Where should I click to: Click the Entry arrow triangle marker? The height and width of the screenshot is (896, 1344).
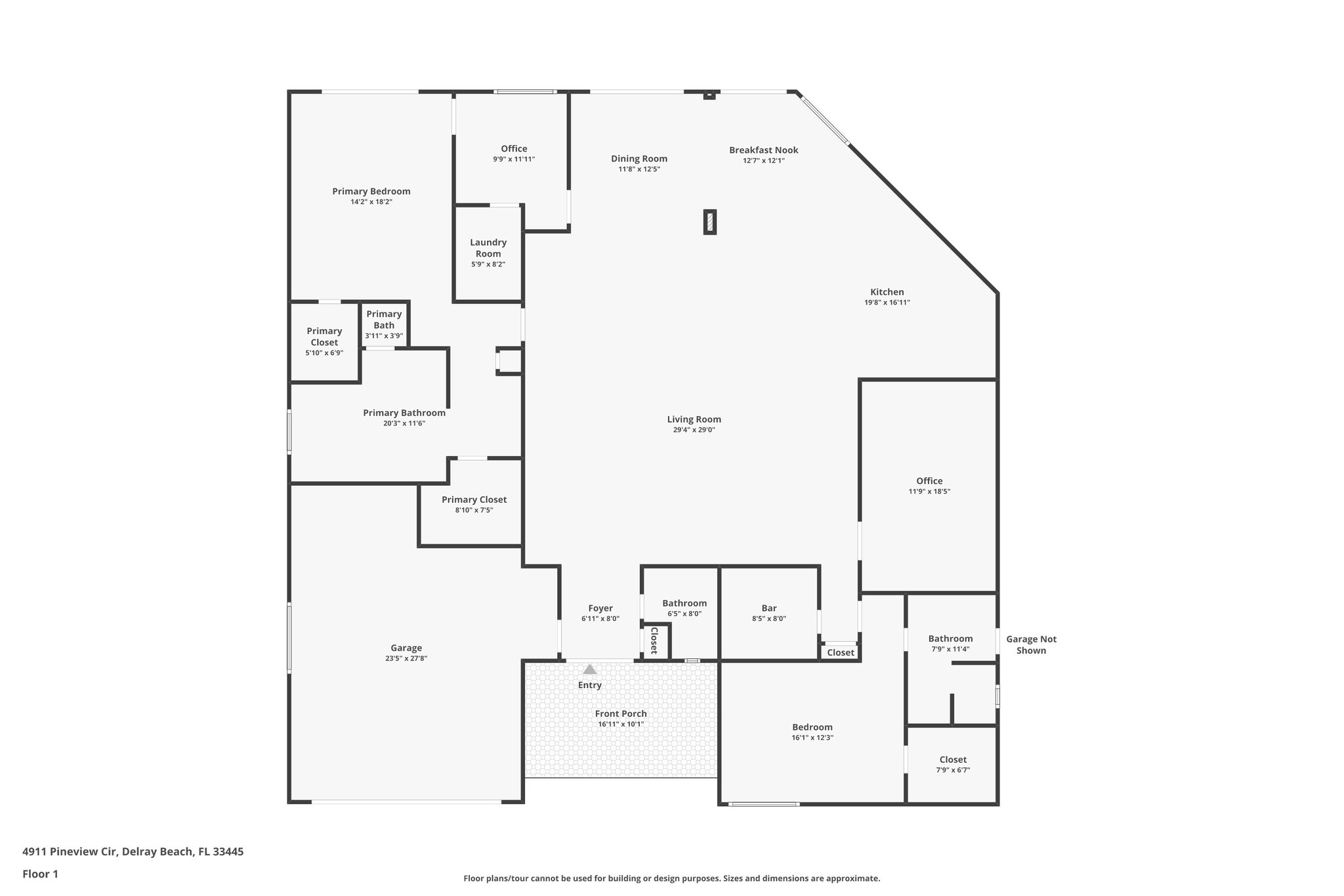(590, 670)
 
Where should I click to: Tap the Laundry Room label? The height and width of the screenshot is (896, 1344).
(488, 248)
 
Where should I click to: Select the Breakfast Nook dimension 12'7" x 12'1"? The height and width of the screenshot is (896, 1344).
(763, 161)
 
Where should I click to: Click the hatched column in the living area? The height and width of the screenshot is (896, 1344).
(709, 222)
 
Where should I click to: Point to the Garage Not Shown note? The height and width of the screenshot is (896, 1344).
(1031, 645)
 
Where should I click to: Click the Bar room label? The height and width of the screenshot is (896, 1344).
(769, 608)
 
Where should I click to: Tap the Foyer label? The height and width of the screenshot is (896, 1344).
(600, 608)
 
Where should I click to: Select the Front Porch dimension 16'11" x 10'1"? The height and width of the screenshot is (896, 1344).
(621, 725)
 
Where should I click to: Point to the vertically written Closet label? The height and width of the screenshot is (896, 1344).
(654, 640)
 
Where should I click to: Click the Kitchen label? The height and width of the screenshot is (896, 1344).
(887, 292)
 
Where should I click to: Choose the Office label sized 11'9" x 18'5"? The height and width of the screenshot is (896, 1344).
(929, 481)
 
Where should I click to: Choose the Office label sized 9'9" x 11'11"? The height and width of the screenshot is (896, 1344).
(514, 149)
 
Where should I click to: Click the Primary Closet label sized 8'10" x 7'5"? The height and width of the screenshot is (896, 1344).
(474, 500)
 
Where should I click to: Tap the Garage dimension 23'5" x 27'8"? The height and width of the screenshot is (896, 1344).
(406, 658)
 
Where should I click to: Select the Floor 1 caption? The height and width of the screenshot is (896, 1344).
(40, 874)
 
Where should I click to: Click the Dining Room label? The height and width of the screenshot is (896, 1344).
(639, 159)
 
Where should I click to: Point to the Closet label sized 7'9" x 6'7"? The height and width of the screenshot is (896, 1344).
(953, 760)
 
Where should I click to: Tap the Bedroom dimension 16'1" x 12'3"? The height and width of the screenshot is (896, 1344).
(812, 738)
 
